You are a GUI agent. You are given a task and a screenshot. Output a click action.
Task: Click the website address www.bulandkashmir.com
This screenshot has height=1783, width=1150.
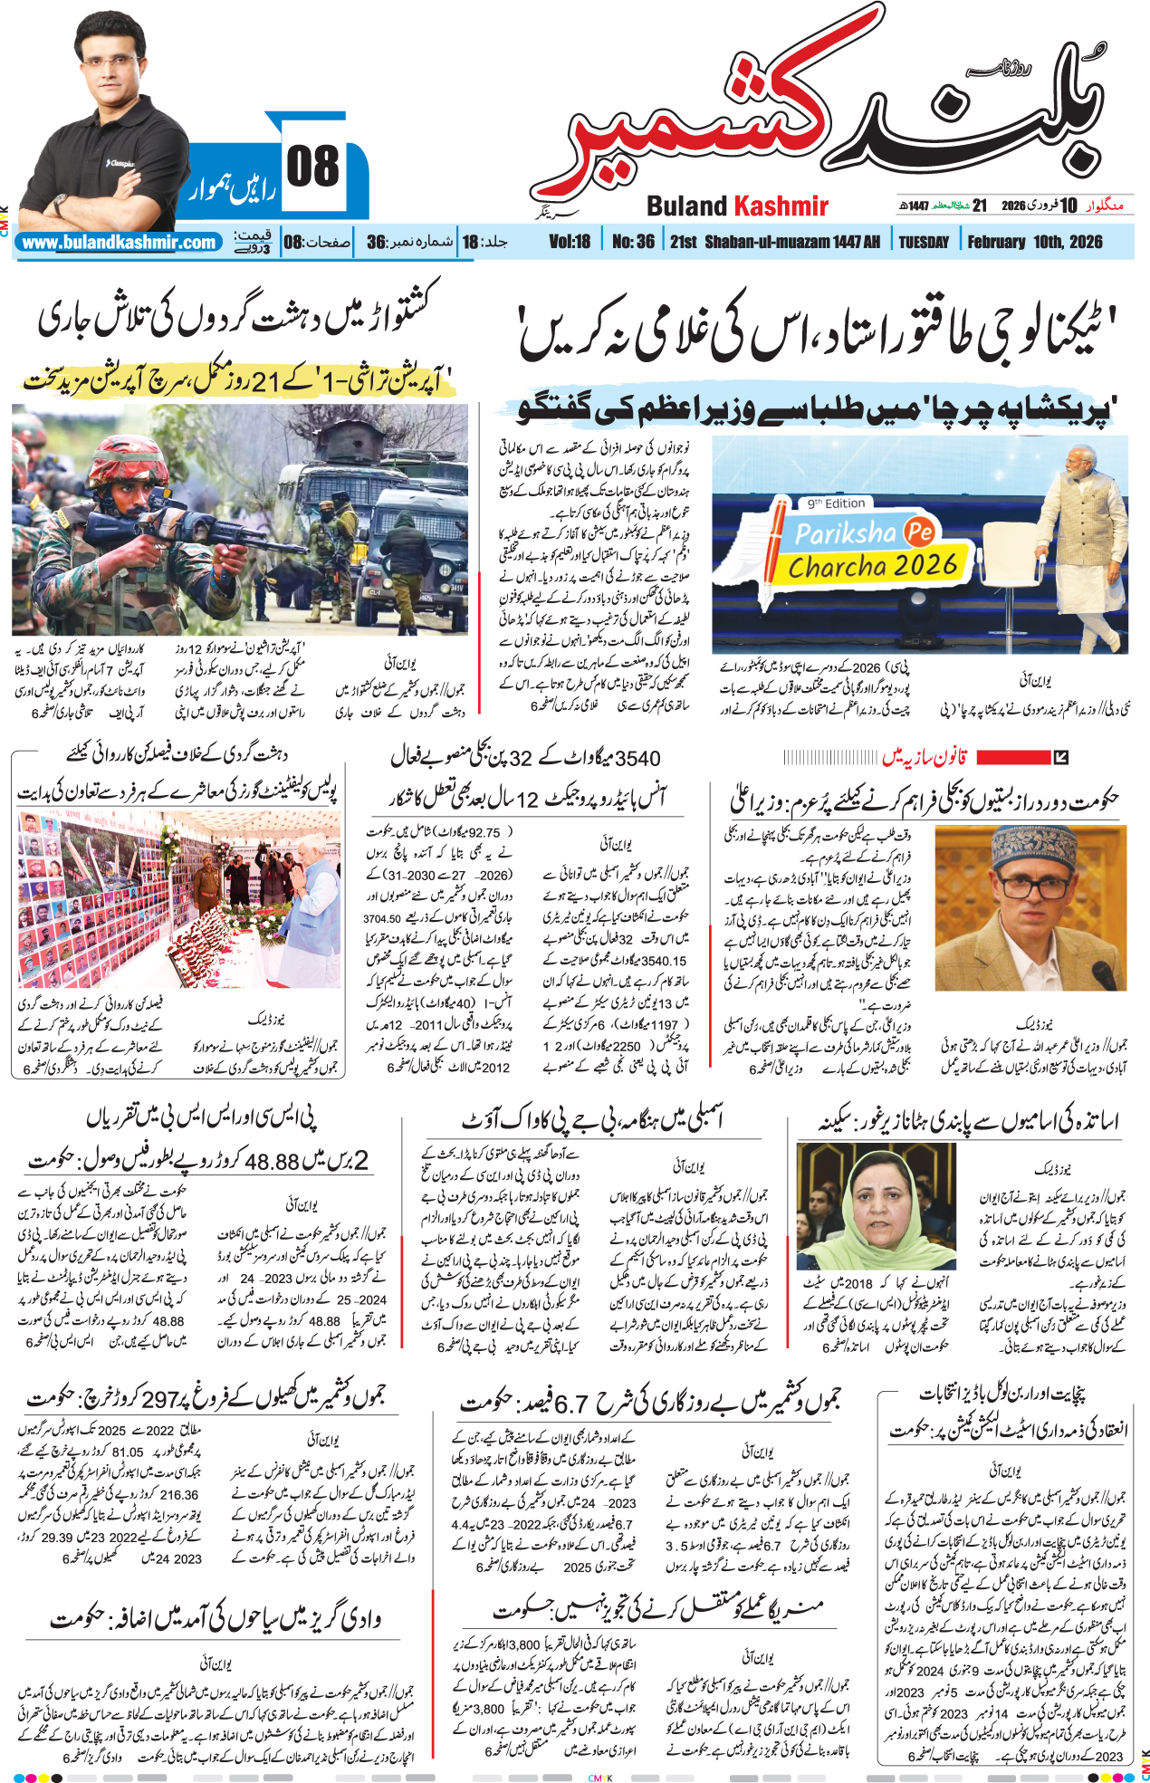119,243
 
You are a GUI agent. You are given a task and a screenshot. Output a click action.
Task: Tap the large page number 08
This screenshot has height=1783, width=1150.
313,168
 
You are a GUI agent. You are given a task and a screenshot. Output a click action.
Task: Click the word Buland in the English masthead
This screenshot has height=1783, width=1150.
686,206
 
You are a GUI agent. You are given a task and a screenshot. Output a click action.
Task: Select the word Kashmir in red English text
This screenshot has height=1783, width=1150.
781,206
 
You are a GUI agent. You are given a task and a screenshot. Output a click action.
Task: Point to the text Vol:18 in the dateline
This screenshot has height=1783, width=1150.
570,242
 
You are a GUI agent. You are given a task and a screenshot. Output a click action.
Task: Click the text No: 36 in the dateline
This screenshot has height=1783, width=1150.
633,242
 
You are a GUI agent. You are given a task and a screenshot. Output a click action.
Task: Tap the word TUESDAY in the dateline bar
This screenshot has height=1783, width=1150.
923,242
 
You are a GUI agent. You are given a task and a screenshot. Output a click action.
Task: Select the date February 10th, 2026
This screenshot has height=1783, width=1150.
1034,242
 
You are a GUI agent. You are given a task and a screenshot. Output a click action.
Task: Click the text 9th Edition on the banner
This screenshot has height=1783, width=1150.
836,503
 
